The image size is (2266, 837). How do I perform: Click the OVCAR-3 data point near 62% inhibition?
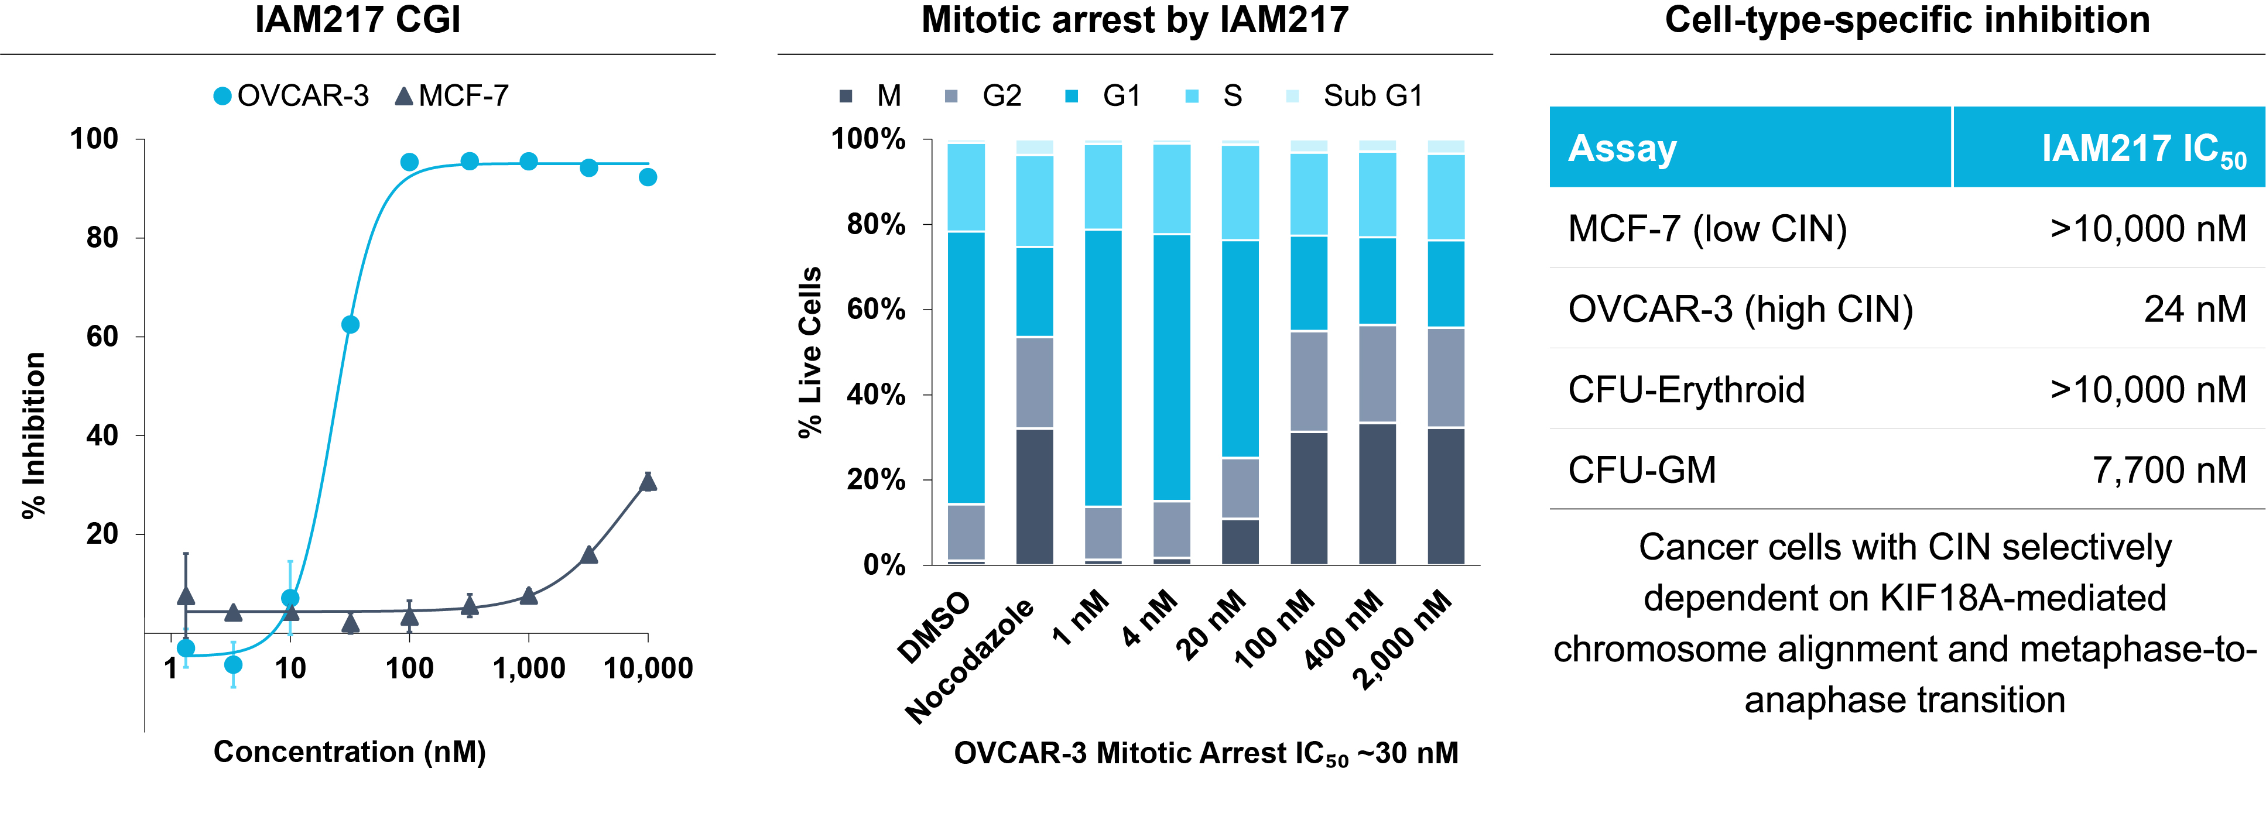click(350, 324)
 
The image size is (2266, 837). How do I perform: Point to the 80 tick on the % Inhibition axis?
click(102, 238)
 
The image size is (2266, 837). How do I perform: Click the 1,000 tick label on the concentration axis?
click(529, 668)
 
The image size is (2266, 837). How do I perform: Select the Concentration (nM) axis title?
click(349, 752)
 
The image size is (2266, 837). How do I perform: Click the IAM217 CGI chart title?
click(357, 19)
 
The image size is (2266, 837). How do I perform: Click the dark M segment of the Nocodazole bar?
click(1035, 497)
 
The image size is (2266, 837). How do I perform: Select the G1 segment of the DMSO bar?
click(966, 368)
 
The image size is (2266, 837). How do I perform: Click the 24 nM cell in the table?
click(2195, 308)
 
